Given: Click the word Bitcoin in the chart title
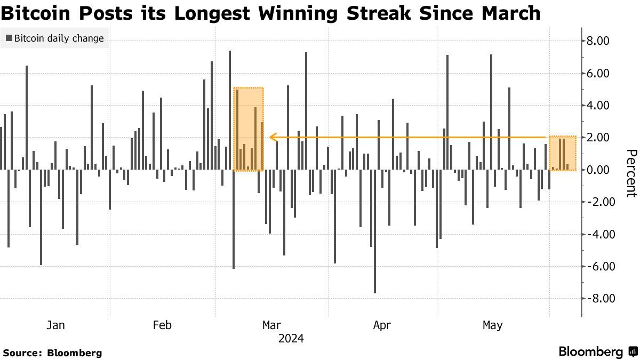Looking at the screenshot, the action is click(36, 13).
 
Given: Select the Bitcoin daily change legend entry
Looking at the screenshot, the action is click(55, 38).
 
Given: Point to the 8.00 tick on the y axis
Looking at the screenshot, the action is click(598, 41).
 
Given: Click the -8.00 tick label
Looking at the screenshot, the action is click(598, 299).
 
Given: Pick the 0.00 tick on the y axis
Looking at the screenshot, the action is click(598, 170).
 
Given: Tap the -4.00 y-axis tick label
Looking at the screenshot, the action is click(598, 234).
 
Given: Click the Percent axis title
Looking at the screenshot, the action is click(631, 173).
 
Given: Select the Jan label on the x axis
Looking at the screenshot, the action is click(55, 325).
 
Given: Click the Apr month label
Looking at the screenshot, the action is click(382, 325).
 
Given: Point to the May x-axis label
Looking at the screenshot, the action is click(493, 325).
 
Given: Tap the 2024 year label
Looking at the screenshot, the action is click(291, 339).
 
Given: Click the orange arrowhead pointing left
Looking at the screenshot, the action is click(273, 138).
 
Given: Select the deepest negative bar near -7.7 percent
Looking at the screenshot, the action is click(375, 231).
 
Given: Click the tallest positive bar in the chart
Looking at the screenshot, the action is click(230, 110).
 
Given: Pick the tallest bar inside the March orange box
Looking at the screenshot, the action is click(237, 130).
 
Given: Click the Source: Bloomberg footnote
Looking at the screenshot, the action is click(53, 353).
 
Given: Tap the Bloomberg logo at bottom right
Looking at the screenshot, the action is click(598, 351).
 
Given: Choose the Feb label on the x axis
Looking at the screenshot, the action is click(162, 325).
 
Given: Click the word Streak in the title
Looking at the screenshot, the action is click(379, 13).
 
